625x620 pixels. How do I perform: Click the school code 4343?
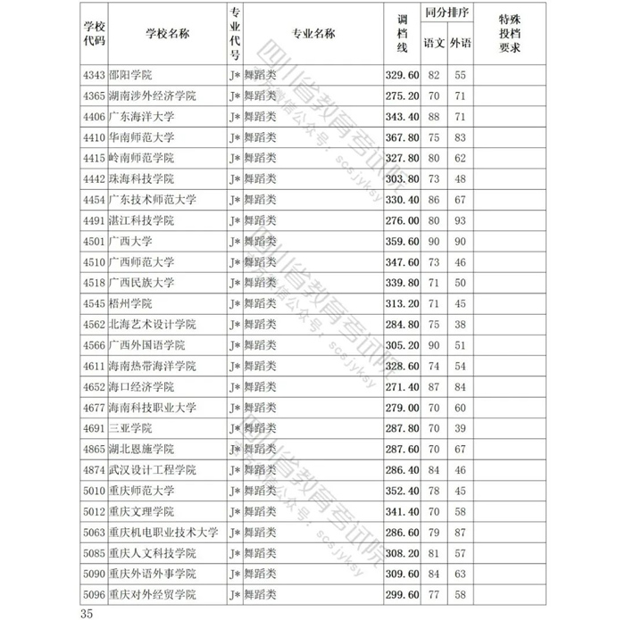(94, 75)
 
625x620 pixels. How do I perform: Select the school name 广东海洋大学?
(142, 117)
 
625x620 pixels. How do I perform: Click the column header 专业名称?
(313, 33)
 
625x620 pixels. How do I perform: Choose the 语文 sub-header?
(434, 43)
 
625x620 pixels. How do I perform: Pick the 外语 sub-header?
(461, 43)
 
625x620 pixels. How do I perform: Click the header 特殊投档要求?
(510, 33)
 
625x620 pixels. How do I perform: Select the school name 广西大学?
(129, 241)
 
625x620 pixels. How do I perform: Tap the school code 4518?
(94, 283)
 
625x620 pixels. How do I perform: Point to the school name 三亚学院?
(129, 427)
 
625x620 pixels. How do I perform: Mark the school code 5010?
(94, 490)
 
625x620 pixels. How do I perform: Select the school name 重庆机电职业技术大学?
(163, 532)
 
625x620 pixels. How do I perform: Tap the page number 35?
(87, 612)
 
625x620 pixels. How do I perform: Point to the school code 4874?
(94, 469)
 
